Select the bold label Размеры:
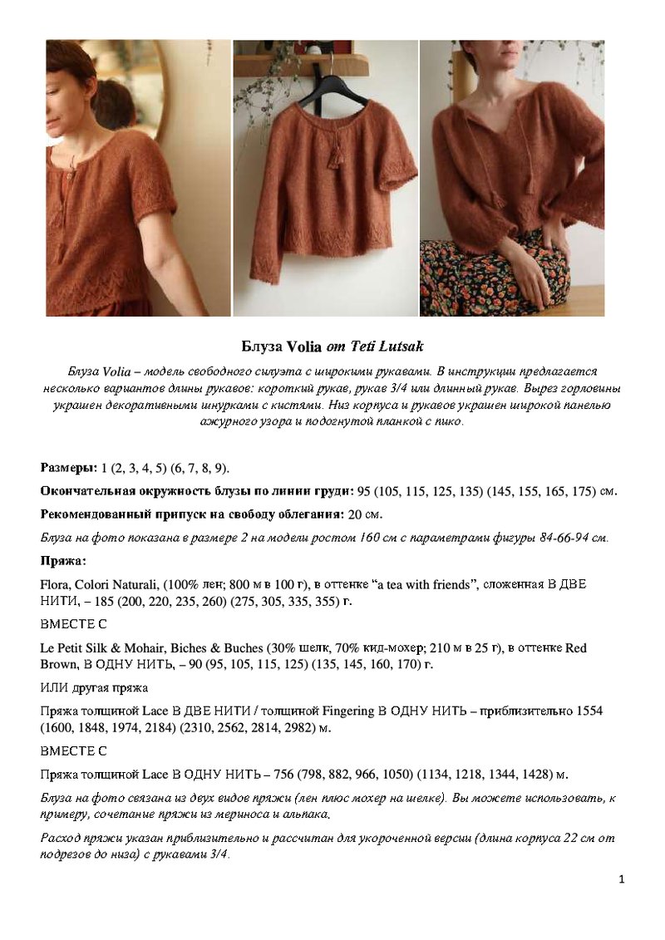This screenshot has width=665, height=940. tap(69, 468)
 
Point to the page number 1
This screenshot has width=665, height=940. tap(621, 879)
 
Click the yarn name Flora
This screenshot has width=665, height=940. tap(55, 584)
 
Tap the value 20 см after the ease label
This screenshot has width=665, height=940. tap(365, 514)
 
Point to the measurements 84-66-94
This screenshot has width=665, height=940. tap(553, 538)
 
